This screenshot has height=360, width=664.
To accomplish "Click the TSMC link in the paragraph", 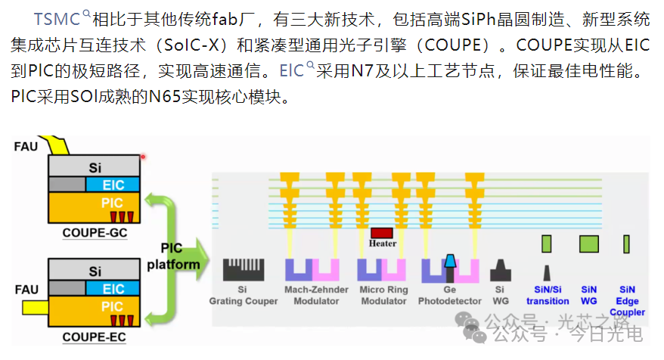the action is click(57, 19).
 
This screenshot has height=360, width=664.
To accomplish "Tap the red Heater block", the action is click(382, 232).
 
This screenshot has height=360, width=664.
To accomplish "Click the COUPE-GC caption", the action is click(95, 233).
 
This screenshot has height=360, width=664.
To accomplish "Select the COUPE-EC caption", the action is click(94, 337).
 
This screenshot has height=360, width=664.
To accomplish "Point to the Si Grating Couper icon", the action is click(244, 269).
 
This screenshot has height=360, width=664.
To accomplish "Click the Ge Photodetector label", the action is click(450, 295).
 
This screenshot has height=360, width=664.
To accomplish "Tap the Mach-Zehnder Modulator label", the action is click(316, 295).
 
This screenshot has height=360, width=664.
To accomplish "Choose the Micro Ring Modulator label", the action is click(383, 295).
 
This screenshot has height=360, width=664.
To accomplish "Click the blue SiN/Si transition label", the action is click(548, 295).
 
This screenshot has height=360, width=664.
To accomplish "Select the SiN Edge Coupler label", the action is click(627, 301).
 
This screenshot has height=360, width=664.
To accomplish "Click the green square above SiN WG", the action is click(588, 244).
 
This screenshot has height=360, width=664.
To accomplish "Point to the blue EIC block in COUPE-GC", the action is click(113, 185).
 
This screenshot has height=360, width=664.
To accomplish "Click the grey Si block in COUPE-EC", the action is click(94, 269).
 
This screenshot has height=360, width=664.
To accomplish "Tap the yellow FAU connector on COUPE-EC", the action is click(35, 308).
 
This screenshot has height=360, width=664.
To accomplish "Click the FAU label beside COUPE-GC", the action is click(26, 147).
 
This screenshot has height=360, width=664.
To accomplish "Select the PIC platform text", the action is click(173, 256).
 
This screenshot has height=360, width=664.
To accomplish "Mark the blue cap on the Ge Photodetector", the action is click(450, 261).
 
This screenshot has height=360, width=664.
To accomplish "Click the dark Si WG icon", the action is click(501, 270).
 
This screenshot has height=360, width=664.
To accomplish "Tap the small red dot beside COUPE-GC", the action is click(143, 157).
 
